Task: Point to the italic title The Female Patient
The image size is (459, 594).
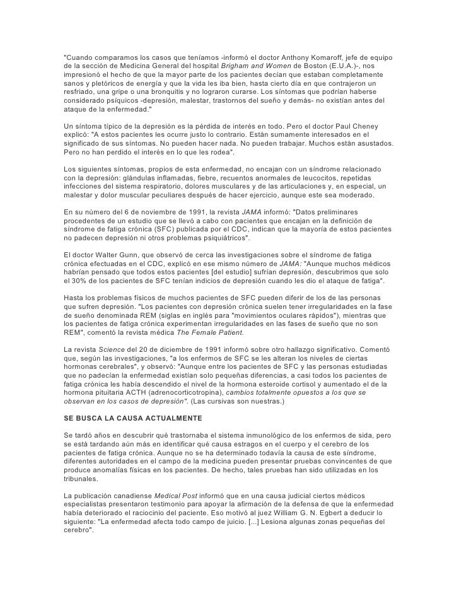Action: (211, 331)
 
